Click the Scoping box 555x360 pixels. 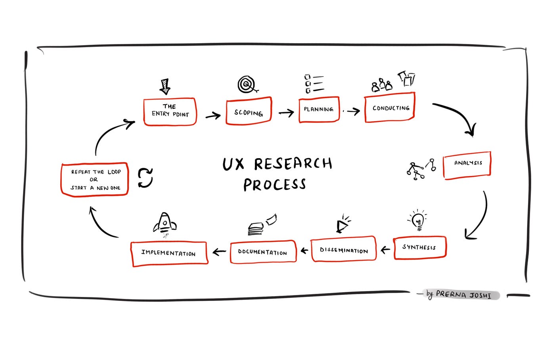point(249,111)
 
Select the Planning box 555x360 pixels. point(319,109)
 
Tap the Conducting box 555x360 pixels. point(390,107)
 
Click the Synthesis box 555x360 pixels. point(420,247)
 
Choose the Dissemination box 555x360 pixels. point(344,249)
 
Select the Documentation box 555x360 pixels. point(263,252)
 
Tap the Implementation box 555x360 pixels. point(169,253)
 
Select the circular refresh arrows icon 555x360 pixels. point(145,177)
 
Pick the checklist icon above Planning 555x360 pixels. point(314,84)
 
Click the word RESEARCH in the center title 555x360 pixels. point(293,163)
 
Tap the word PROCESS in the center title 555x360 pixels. point(274,185)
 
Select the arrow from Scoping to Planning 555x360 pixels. point(286,113)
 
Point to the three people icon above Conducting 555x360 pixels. point(381,85)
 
